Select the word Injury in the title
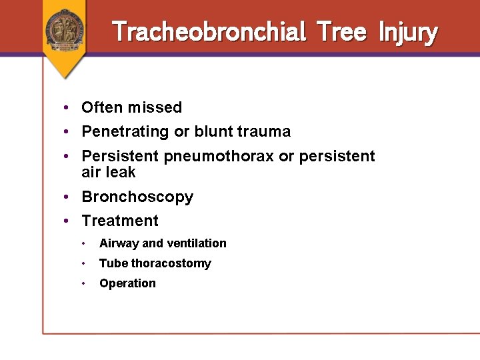click(x=408, y=32)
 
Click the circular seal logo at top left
click(x=65, y=29)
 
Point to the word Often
click(x=102, y=107)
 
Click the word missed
click(x=155, y=107)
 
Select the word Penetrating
click(x=125, y=132)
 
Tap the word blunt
click(x=214, y=131)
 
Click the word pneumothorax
click(x=218, y=157)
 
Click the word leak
click(x=121, y=172)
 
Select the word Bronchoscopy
click(x=137, y=197)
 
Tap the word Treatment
click(x=120, y=221)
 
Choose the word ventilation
click(x=196, y=243)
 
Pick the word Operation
click(x=127, y=283)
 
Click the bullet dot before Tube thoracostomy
click(x=84, y=263)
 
